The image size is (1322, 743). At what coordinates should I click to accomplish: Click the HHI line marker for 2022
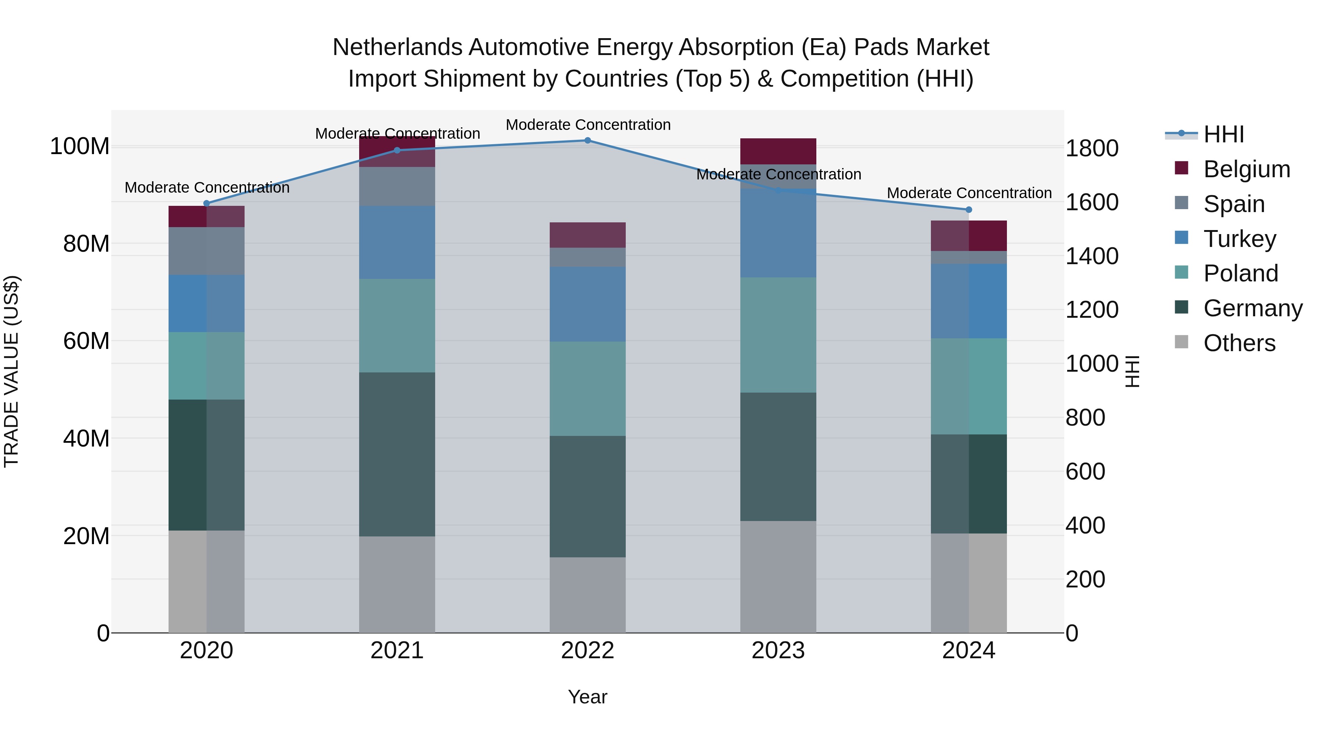[x=588, y=141]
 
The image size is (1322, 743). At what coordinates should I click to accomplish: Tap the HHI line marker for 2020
[x=207, y=204]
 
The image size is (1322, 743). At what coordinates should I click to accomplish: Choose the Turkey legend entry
[x=1239, y=239]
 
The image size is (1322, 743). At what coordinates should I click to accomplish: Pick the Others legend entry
[x=1239, y=343]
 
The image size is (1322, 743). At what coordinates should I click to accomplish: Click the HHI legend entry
[x=1224, y=134]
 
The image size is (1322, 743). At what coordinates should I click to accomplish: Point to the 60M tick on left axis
[x=86, y=341]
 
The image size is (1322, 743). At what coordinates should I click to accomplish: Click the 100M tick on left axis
[x=80, y=147]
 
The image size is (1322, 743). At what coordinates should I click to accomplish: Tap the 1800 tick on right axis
[x=1092, y=149]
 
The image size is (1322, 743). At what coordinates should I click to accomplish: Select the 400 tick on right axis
[x=1086, y=525]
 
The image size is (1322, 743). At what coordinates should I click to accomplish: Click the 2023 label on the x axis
[x=778, y=651]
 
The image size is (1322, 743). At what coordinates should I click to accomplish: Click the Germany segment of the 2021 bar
[x=397, y=454]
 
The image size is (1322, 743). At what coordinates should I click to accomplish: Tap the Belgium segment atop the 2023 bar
[x=778, y=151]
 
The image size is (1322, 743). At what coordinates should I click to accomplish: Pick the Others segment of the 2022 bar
[x=588, y=595]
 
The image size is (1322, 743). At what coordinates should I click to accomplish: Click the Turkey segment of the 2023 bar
[x=778, y=233]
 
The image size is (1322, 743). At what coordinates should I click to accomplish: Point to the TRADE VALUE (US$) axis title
[x=11, y=371]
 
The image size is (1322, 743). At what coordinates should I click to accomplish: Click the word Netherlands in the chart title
[x=398, y=48]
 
